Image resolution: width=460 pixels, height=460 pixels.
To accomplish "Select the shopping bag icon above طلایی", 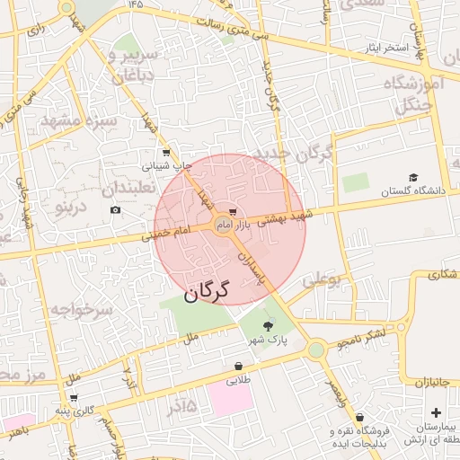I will click(238, 366).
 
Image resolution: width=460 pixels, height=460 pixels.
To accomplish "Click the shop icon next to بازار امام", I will click(234, 212).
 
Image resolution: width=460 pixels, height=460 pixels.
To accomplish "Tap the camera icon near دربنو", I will click(115, 210).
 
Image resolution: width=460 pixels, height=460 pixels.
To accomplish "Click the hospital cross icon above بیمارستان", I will click(436, 412).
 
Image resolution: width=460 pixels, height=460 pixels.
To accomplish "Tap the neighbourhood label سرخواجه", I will click(80, 311).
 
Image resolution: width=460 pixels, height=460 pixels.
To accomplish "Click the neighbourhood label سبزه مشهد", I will click(91, 121).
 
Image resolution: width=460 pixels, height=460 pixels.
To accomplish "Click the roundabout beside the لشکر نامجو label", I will click(315, 349).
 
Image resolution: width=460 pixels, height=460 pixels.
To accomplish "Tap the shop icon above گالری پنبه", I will click(74, 397).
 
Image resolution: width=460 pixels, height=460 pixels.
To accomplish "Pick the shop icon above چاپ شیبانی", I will click(165, 153).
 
